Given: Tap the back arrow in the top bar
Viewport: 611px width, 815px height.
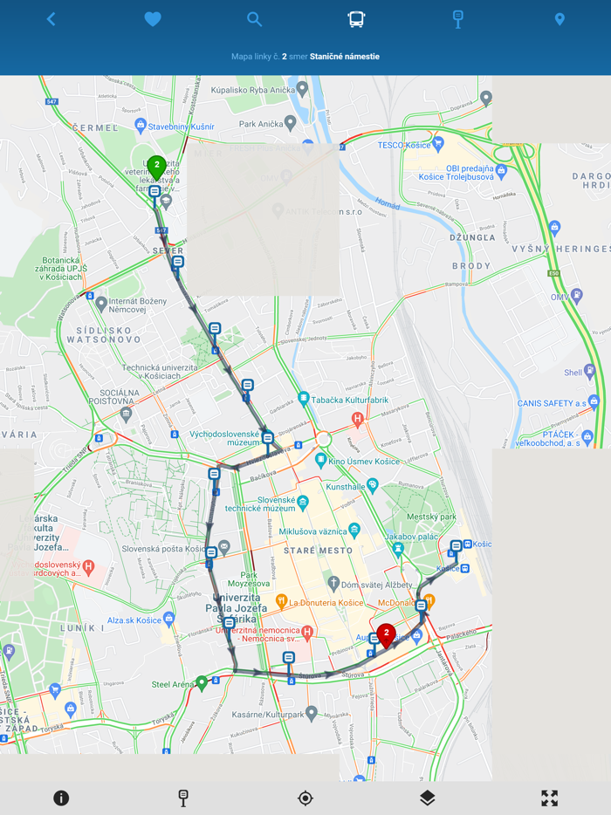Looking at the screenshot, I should [x=51, y=19].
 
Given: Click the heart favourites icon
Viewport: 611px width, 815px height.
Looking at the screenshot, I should [x=153, y=19].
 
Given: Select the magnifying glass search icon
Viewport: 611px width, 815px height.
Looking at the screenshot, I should [x=254, y=19].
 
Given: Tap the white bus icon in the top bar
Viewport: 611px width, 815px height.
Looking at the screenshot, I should [x=356, y=19].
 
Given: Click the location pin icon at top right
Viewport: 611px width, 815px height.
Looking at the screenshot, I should [x=560, y=19].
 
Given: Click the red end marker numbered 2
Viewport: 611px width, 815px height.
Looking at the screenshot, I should [x=386, y=635].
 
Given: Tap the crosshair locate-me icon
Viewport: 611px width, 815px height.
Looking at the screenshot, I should [x=305, y=798].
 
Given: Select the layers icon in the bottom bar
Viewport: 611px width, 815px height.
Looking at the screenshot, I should [x=427, y=798].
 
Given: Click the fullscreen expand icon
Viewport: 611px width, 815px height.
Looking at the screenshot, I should [x=549, y=798].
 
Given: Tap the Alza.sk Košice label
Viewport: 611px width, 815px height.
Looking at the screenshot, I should [x=134, y=620].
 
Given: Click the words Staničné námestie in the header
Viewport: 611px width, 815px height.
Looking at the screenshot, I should [x=344, y=57].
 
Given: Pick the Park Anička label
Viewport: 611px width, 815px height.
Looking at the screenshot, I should [x=261, y=124].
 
